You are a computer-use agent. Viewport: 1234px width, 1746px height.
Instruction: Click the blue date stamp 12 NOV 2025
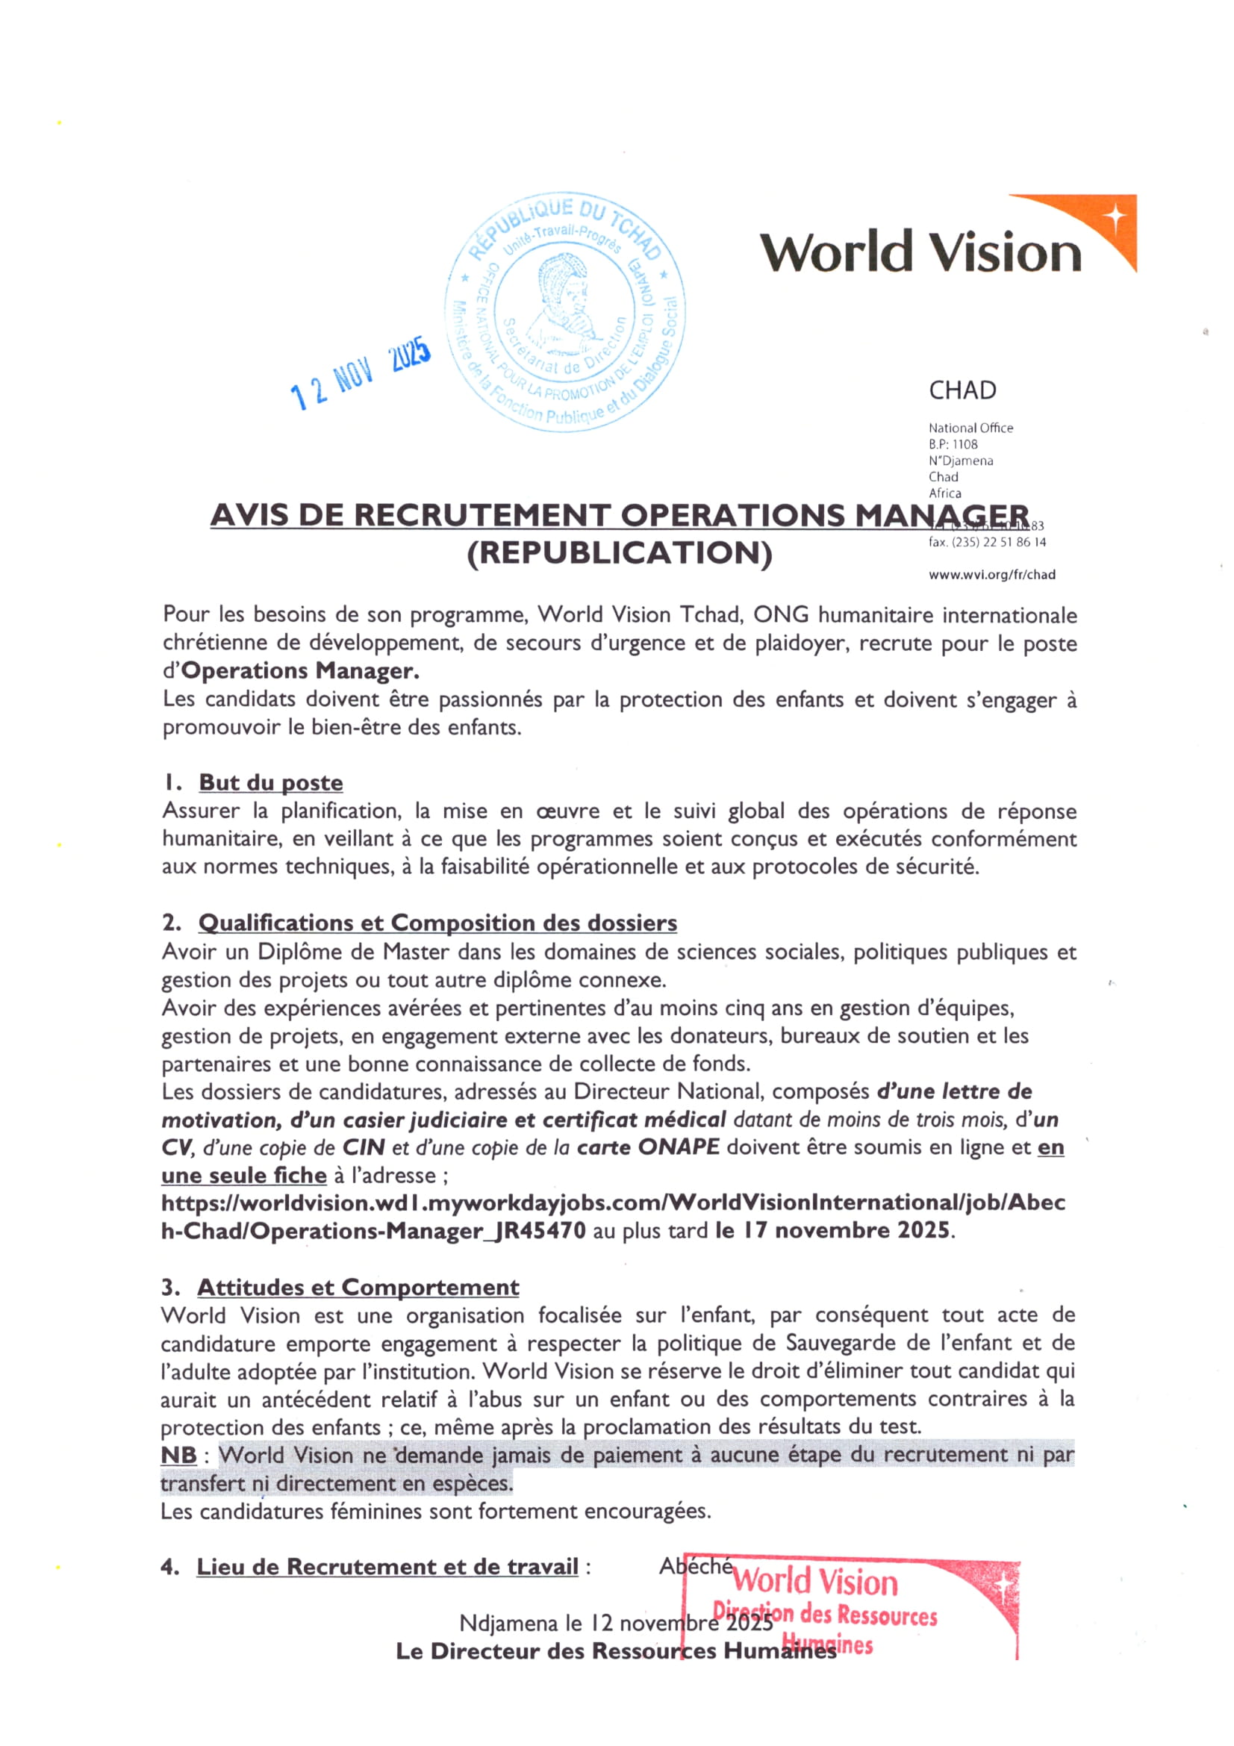tap(361, 372)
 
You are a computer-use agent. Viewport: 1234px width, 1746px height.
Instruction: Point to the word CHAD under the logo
tap(962, 390)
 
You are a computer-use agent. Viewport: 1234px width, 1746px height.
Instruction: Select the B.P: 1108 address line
tap(953, 444)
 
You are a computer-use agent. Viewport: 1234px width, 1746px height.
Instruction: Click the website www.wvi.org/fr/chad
tap(991, 575)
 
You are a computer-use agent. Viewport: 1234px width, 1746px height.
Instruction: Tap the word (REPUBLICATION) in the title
tap(619, 554)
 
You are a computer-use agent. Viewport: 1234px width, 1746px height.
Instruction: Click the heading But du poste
tap(271, 782)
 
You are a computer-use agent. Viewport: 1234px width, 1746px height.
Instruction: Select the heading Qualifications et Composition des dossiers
tap(437, 923)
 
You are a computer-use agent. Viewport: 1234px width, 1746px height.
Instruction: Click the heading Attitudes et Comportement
tap(358, 1288)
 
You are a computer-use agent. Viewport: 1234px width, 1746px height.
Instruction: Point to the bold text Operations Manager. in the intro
tap(300, 671)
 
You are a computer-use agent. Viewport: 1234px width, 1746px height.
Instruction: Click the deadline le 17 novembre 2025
tap(832, 1230)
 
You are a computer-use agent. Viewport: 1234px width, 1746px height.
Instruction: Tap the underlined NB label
tap(178, 1455)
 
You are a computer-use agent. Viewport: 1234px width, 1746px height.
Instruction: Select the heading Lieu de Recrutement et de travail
tap(387, 1567)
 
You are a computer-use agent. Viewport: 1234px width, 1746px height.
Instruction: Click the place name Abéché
tap(695, 1566)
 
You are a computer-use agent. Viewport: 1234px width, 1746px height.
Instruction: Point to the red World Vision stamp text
tap(814, 1583)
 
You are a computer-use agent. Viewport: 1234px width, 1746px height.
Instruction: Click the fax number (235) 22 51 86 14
tap(998, 542)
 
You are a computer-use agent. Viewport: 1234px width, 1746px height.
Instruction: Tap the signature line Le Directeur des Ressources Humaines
tap(616, 1651)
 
